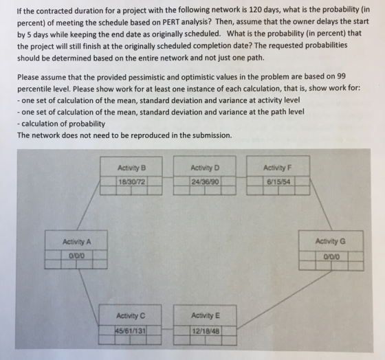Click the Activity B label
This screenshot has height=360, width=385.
pos(131,168)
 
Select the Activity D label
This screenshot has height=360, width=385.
pos(205,168)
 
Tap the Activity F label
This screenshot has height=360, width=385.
pos(278,168)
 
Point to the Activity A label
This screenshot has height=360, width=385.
pos(76,242)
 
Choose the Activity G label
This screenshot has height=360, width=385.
pos(330,241)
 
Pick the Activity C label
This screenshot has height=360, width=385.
pos(131,315)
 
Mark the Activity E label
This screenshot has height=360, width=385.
pos(206,315)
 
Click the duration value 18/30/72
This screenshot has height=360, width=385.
pos(131,182)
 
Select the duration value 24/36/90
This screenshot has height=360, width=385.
pos(205,182)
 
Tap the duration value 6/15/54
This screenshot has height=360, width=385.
pos(278,182)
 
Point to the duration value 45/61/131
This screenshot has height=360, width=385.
pos(131,331)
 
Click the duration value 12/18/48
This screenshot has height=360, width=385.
pos(206,331)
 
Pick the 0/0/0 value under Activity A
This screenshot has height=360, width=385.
pos(76,256)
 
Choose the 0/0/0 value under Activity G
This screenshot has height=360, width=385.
pos(331,257)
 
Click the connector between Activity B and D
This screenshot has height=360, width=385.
pos(168,177)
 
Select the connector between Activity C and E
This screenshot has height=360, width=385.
pos(168,329)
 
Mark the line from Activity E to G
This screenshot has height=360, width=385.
pos(284,300)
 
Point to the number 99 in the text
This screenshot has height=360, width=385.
pos(341,76)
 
